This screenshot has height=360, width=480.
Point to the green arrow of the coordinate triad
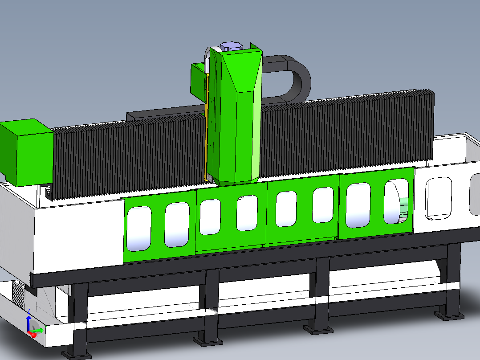tap(38, 331)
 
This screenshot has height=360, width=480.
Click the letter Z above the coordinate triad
tap(29, 311)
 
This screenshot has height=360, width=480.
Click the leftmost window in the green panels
tap(139, 229)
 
